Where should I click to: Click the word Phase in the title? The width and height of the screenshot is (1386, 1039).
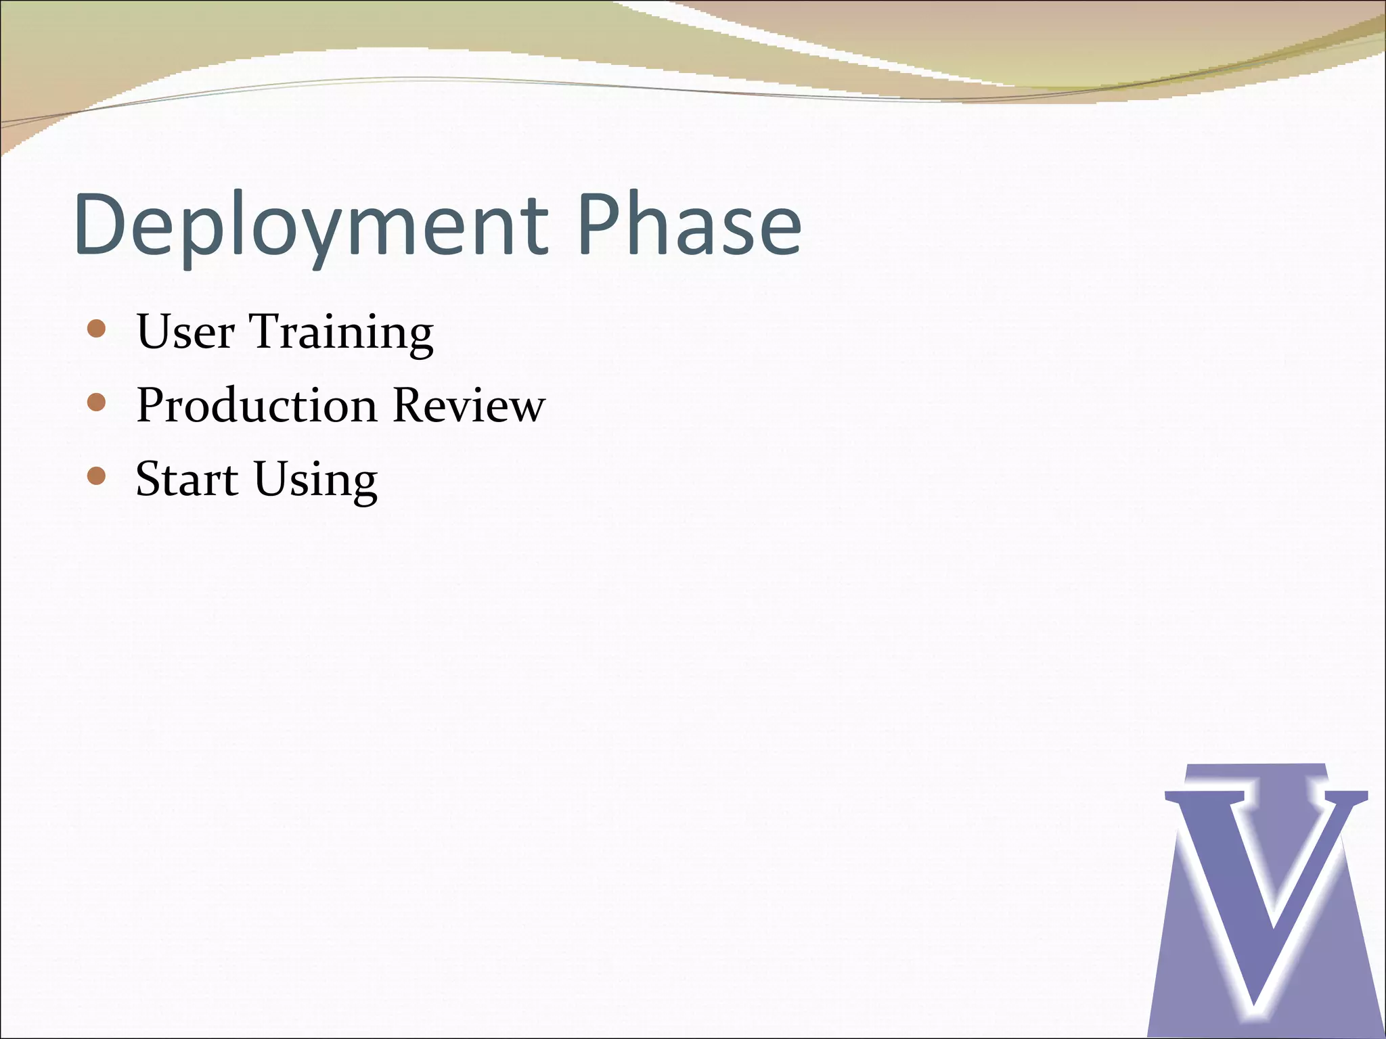tap(689, 225)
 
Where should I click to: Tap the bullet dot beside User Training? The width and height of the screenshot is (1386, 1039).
tap(97, 329)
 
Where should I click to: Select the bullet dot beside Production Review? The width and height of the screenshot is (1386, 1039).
tap(97, 403)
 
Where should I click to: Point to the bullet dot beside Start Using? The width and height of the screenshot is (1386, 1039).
tap(97, 476)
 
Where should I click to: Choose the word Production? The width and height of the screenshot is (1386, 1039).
tap(256, 406)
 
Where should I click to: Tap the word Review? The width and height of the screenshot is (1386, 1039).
tap(469, 406)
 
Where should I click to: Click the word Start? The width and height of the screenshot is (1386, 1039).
tap(187, 479)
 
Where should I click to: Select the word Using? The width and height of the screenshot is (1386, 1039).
tap(315, 480)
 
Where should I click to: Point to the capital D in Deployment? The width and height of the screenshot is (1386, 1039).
tap(103, 225)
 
